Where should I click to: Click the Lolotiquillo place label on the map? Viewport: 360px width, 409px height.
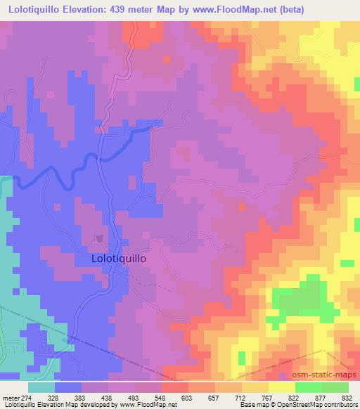(119, 258)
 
